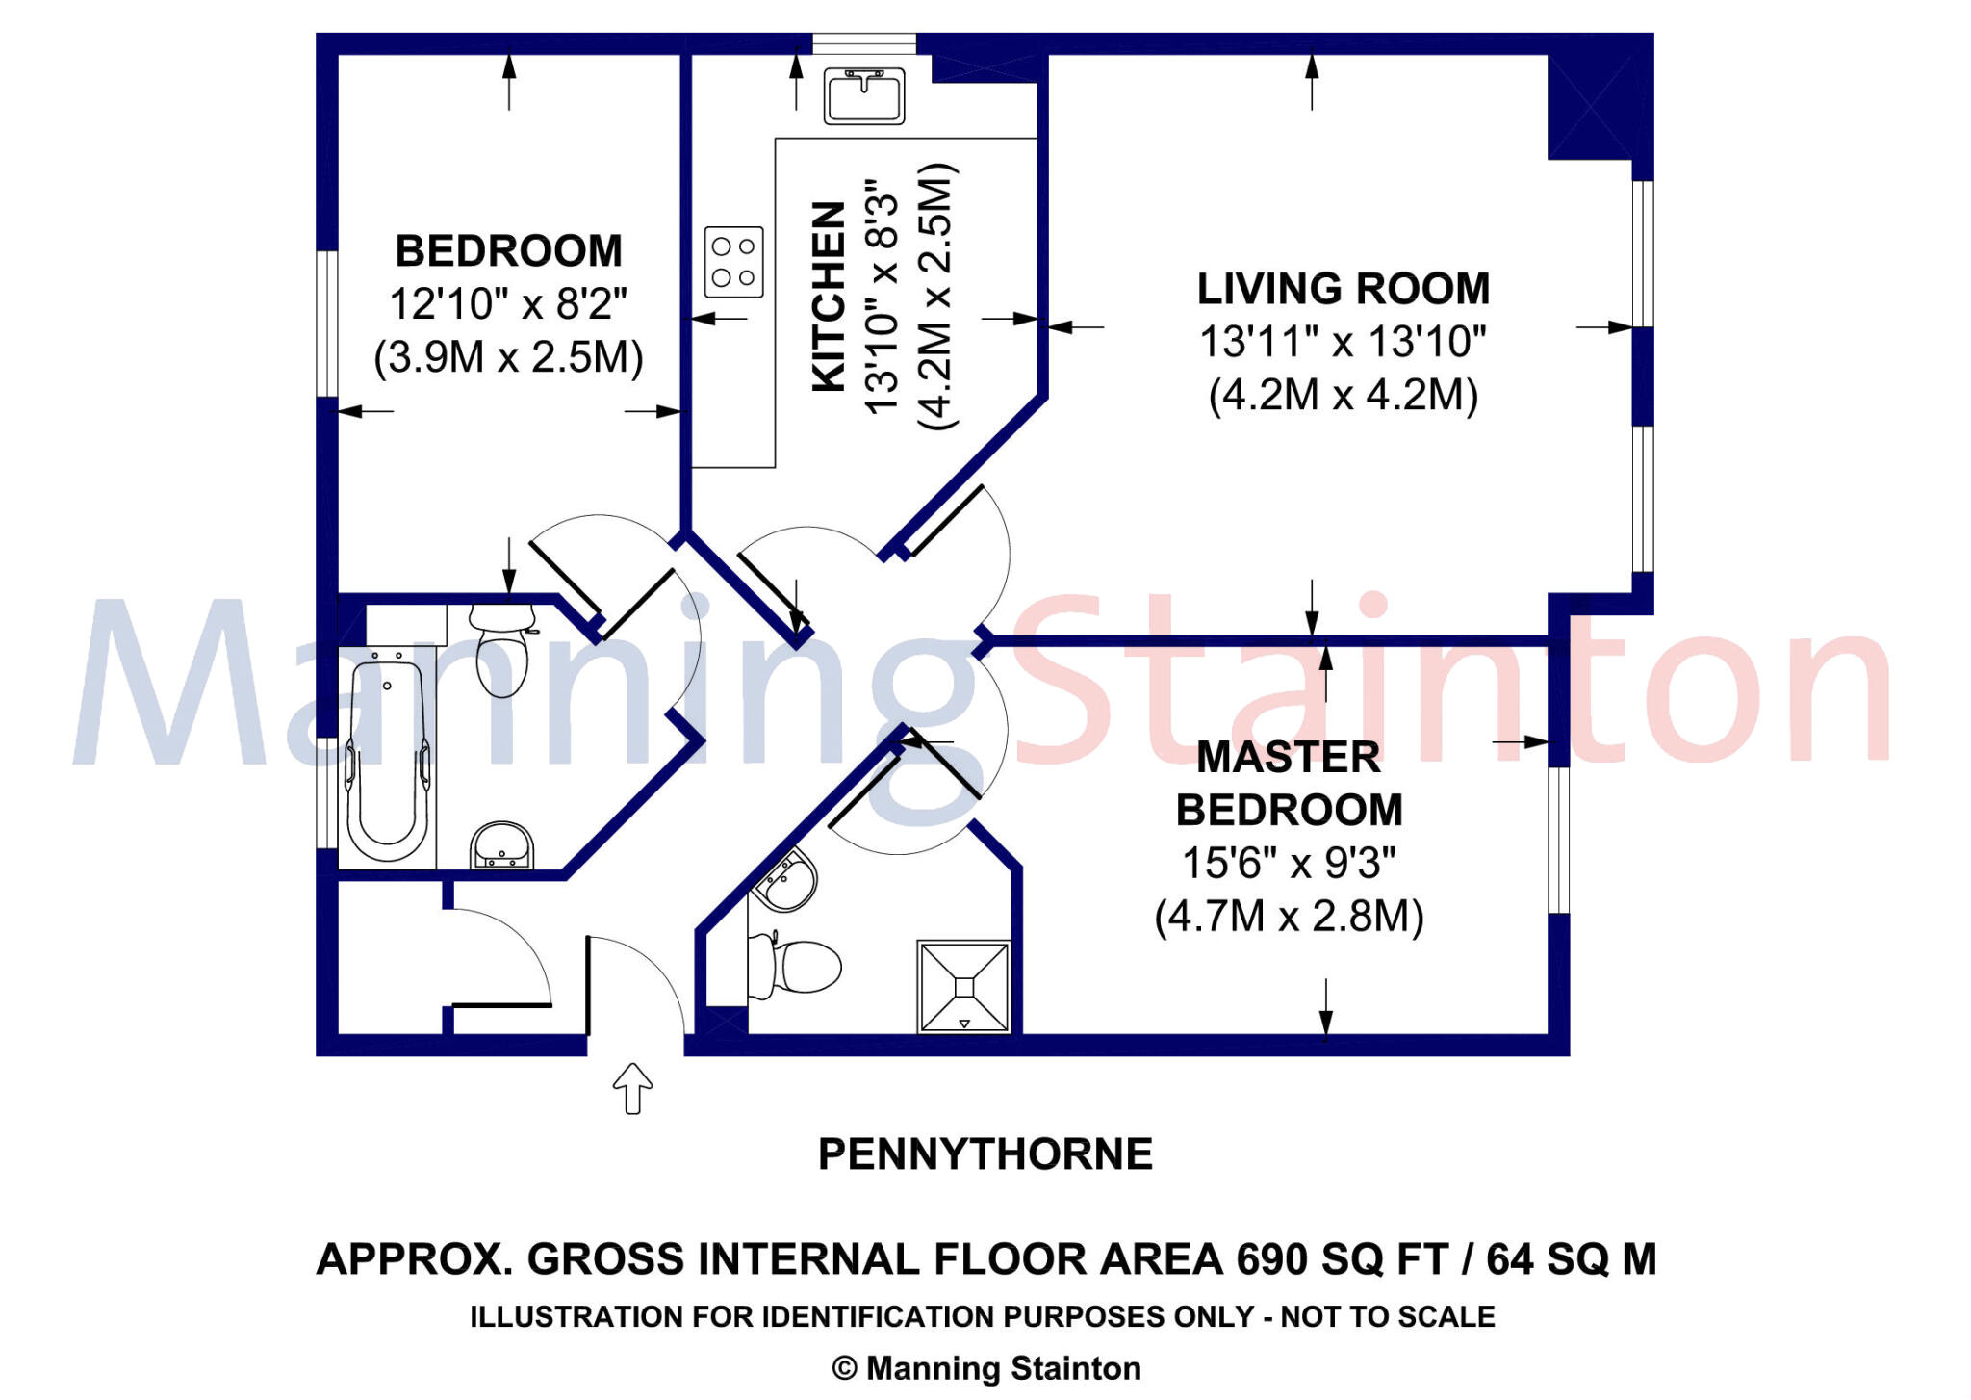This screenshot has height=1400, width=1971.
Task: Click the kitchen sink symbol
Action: coord(863,95)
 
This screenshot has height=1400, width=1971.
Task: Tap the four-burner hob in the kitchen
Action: coord(734,262)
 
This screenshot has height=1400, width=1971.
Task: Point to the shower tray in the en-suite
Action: coord(964,986)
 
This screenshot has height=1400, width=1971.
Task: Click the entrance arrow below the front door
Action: coord(632,1088)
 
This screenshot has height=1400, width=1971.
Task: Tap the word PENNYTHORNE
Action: coord(985,1154)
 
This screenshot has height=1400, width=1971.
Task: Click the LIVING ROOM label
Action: coord(1344,289)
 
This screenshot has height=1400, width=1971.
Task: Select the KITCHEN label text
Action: coord(829,296)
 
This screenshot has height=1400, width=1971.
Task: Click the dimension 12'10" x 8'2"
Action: coord(508,304)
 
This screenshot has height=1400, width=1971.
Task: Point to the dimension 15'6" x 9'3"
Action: coord(1289,863)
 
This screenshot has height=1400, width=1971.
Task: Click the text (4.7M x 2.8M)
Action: coord(1289,916)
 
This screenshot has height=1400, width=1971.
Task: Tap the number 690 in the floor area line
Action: coord(1272,1259)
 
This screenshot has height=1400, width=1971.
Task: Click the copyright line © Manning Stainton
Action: coord(986,1368)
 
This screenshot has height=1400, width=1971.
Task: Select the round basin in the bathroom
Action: coord(501,845)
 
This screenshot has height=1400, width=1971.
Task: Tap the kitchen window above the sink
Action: coord(864,43)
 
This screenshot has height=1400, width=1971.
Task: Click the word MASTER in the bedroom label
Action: coord(1289,758)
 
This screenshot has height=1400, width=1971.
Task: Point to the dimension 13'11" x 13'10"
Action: coord(1344,342)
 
